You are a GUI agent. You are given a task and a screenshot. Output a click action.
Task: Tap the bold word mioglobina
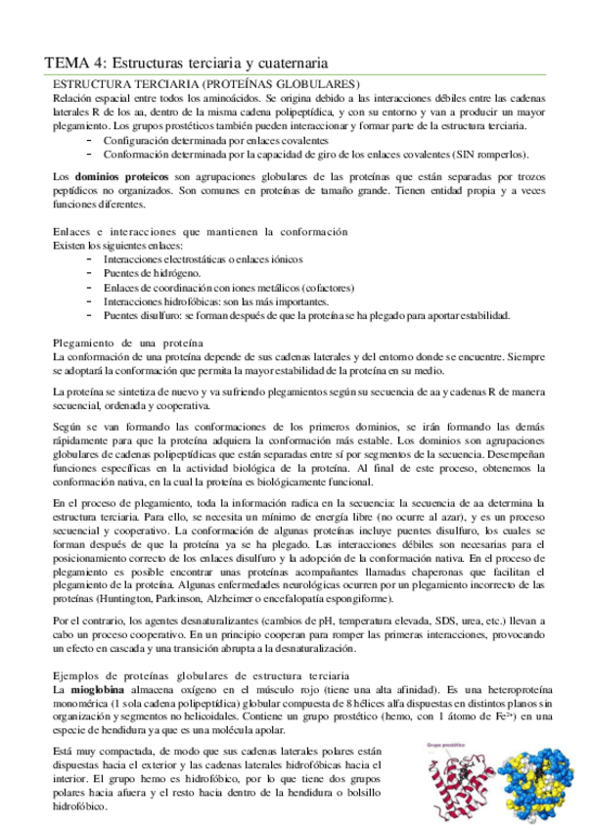pos(98,690)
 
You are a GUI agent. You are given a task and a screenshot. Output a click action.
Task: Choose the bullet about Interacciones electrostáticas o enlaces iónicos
pos(203,259)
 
